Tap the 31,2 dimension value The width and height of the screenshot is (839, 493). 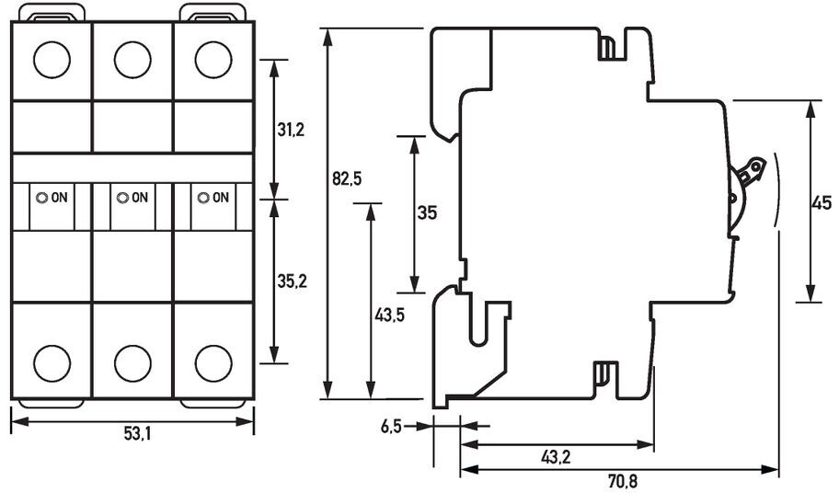291,131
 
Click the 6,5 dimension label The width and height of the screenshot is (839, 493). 391,426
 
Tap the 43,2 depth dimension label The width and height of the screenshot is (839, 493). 555,457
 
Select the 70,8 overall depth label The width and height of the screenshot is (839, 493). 621,480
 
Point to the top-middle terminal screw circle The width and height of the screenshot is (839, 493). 132,60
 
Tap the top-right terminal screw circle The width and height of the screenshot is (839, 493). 213,60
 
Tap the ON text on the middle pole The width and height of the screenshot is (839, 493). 139,197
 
